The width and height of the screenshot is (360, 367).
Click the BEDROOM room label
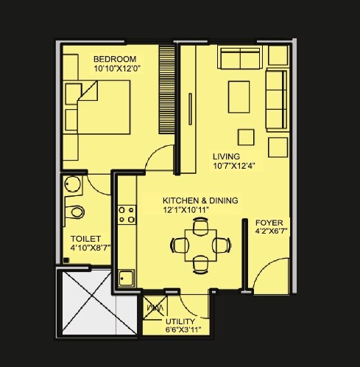pos(115,59)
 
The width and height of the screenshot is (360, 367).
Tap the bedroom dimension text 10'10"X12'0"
pos(117,69)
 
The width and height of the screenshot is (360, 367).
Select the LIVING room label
pos(225,156)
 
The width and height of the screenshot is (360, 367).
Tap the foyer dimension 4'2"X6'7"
pos(269,232)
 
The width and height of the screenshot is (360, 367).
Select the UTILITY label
pos(180,322)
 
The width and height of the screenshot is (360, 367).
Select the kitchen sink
pos(126,279)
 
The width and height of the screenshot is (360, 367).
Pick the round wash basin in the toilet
pos(71,184)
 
